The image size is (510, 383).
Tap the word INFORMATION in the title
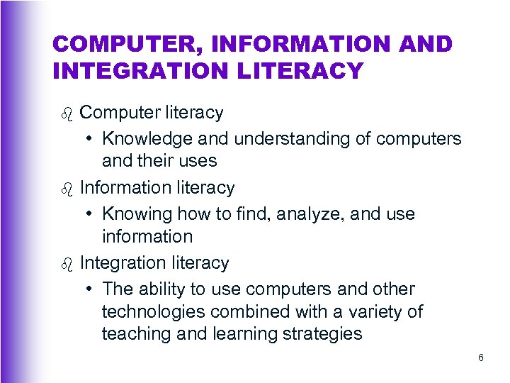pyautogui.click(x=277, y=45)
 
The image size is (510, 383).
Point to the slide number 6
pyautogui.click(x=481, y=357)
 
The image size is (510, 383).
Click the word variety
pyautogui.click(x=379, y=311)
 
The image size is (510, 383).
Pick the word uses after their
pyautogui.click(x=200, y=161)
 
